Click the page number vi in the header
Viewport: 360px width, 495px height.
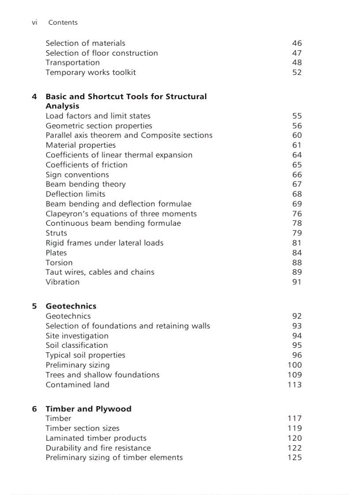click(x=34, y=22)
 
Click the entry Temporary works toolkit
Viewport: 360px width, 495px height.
click(x=90, y=72)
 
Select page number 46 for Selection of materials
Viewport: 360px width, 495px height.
click(x=297, y=43)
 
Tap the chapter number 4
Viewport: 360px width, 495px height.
click(x=34, y=97)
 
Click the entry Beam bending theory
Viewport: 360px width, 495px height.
click(x=86, y=184)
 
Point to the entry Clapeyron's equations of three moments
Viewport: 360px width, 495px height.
click(x=121, y=214)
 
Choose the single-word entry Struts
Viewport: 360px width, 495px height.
click(x=56, y=233)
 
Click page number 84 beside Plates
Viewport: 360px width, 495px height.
click(x=297, y=253)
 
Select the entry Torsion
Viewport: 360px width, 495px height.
click(x=59, y=263)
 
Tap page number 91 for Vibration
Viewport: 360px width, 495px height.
click(x=297, y=282)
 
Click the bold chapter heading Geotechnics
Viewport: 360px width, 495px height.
click(x=71, y=306)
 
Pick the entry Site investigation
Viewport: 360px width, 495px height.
click(x=77, y=336)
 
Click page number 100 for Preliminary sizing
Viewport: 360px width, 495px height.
click(x=295, y=365)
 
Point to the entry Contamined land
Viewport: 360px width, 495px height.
click(x=77, y=385)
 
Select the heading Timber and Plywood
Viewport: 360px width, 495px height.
click(x=88, y=409)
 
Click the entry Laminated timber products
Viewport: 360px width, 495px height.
click(x=96, y=438)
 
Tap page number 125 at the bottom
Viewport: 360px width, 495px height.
click(x=295, y=458)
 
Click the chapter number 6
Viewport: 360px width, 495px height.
click(x=34, y=409)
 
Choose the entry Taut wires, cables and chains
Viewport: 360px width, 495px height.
click(x=100, y=272)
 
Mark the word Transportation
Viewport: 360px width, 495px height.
click(x=72, y=63)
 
